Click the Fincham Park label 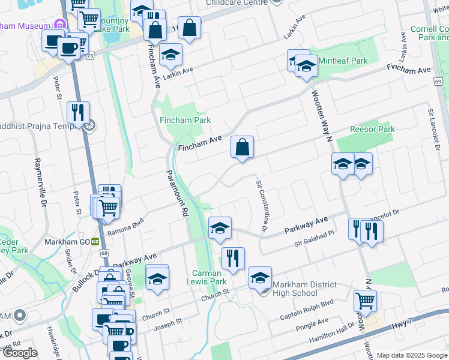point(185,120)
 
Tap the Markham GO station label point(67,242)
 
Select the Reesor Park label point(373,129)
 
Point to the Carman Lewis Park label point(209,277)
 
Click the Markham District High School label point(295,289)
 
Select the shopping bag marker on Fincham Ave point(242,148)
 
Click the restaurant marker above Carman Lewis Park point(232,259)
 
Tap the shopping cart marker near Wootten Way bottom point(365,301)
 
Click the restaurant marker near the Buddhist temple point(78,113)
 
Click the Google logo point(19,353)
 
